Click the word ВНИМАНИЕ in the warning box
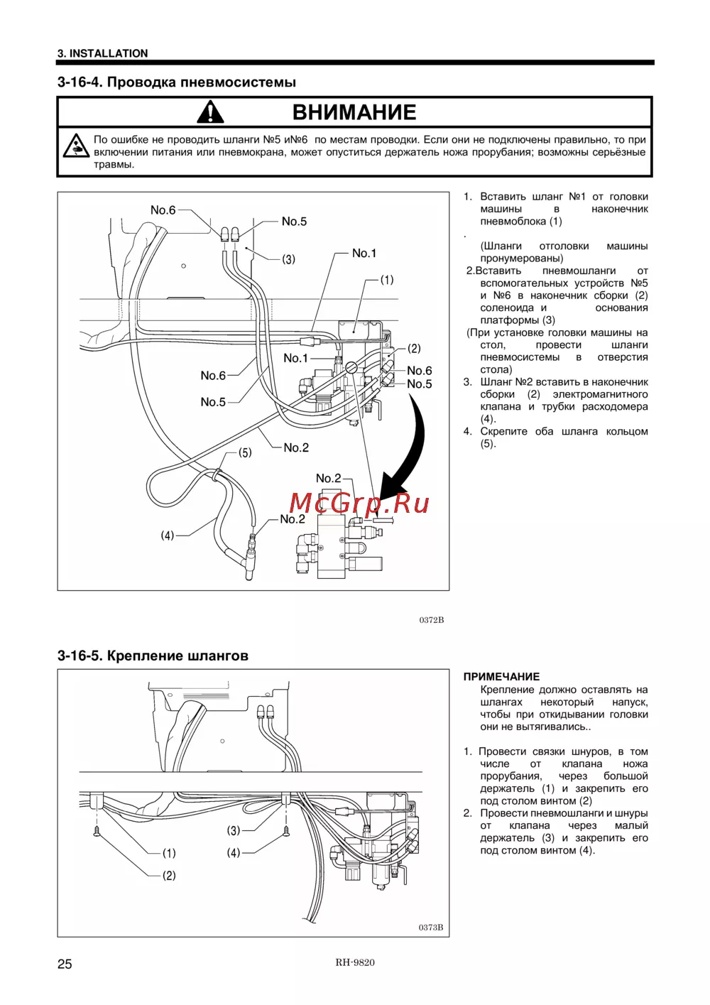[x=354, y=112]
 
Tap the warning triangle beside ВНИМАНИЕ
[x=210, y=112]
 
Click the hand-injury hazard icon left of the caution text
[x=75, y=145]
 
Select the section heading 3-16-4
[x=177, y=82]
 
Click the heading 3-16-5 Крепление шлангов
[x=153, y=656]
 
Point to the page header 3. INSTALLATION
[x=103, y=53]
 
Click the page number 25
[x=65, y=964]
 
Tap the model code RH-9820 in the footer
[x=355, y=962]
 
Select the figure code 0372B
[x=431, y=620]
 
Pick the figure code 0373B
[x=430, y=928]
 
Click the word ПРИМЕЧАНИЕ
[x=501, y=677]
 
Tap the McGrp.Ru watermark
[x=359, y=503]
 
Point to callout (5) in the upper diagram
[x=245, y=452]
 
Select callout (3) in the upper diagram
[x=289, y=259]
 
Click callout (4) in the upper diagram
[x=168, y=535]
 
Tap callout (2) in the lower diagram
[x=169, y=875]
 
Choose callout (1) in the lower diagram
[x=169, y=853]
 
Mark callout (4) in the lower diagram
[x=234, y=852]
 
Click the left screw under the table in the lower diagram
[x=97, y=830]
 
